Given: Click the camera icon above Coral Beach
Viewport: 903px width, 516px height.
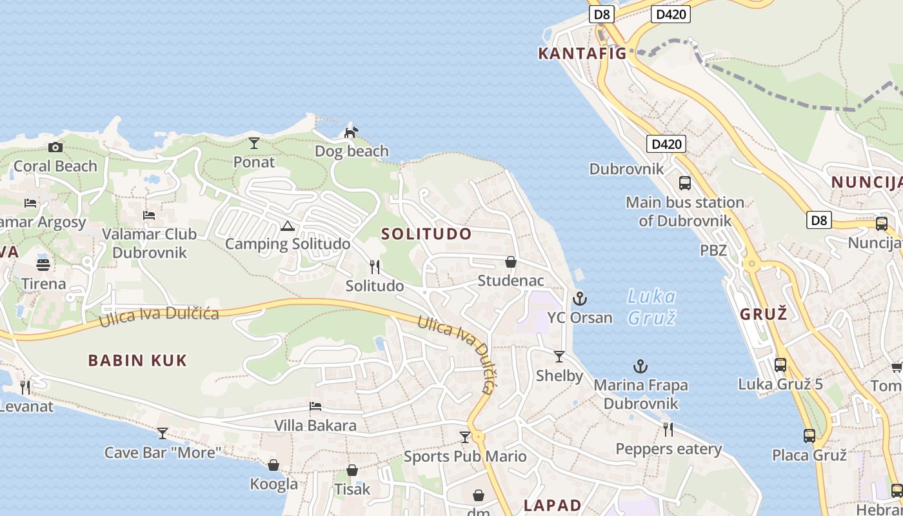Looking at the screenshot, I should point(55,148).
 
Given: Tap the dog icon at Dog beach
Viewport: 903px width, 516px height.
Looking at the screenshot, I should point(350,132).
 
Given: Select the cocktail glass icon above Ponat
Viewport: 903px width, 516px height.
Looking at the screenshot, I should point(254,143).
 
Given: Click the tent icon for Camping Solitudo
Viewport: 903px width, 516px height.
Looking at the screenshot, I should point(288,225).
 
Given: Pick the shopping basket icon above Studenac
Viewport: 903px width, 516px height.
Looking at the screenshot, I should point(511,262).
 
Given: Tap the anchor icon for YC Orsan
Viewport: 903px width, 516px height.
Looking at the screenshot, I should point(580,298).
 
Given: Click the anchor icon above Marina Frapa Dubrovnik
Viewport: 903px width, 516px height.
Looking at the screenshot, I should point(640,366).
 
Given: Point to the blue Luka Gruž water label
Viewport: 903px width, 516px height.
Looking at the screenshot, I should point(651,307).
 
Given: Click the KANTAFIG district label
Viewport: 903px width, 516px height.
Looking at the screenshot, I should point(582,54).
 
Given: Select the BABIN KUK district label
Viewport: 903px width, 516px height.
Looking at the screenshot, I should point(137,361).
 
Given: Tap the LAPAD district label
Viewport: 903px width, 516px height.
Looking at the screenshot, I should point(553,505).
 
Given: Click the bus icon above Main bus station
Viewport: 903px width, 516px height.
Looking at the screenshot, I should point(685,183).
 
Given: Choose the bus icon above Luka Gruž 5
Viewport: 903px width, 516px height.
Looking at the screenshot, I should point(780,365).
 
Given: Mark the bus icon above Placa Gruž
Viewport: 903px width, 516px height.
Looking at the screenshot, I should point(809,436).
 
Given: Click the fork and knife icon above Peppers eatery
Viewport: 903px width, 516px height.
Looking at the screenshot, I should point(668,430).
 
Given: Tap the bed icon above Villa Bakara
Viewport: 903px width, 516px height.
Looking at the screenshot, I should point(315,406).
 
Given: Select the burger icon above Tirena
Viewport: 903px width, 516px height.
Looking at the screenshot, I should point(43,264).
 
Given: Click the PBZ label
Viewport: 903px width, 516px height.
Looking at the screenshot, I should point(713,250).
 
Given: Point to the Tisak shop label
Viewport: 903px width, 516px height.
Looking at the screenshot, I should point(352,490).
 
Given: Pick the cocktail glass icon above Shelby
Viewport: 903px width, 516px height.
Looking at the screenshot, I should point(559,357).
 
